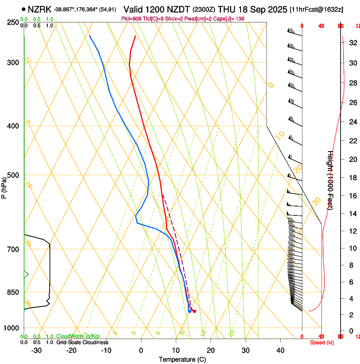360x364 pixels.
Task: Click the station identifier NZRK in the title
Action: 40,9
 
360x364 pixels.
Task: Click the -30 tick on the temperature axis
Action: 36,350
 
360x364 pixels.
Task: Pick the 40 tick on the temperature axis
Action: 280,350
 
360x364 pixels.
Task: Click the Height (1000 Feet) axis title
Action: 330,180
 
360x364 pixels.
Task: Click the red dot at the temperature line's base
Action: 194,312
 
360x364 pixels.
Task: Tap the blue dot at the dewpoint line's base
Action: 189,312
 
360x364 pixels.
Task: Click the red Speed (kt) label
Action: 322,342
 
